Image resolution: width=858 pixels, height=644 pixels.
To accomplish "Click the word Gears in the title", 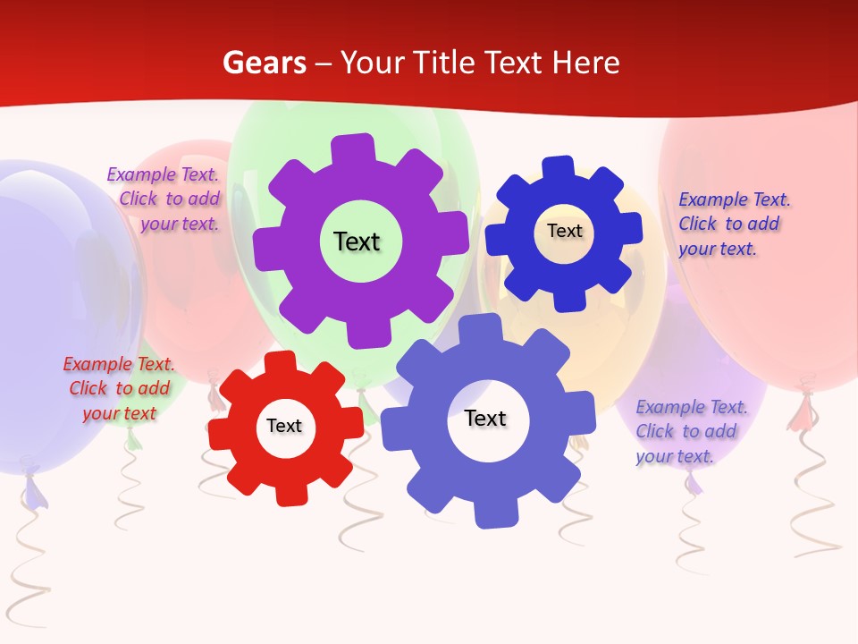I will click(264, 63).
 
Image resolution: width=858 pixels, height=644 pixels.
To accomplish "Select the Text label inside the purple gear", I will click(357, 241).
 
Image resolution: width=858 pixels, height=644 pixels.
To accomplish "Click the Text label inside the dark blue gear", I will click(564, 231).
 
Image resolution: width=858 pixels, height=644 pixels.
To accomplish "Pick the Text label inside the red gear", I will click(283, 426).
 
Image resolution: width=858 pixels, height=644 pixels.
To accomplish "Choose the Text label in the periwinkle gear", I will click(485, 418).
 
